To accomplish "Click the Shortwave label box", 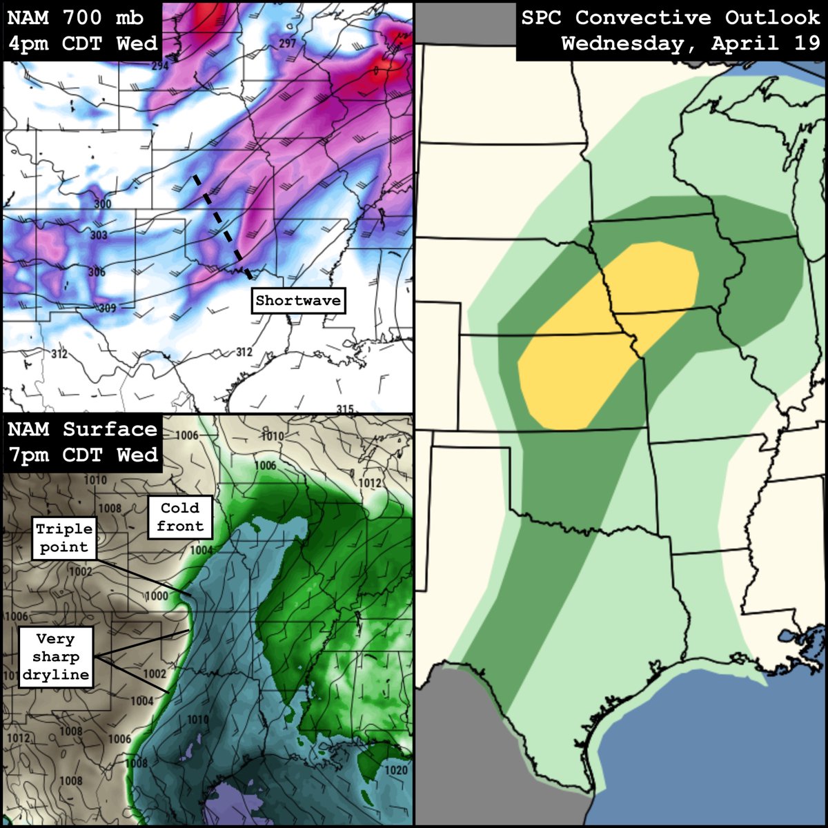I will click(298, 301).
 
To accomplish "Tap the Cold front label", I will click(180, 517).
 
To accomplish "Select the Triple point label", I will click(64, 538).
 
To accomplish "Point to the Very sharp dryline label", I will click(55, 656).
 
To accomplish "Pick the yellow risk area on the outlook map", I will click(607, 331).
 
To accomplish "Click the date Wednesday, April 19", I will click(690, 44).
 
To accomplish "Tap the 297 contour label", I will click(287, 43).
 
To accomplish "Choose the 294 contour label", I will click(160, 66).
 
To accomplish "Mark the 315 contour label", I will click(345, 408).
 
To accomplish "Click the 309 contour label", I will click(107, 308).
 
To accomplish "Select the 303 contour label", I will click(99, 235).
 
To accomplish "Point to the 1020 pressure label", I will click(397, 770).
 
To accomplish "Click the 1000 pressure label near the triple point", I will click(157, 596).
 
